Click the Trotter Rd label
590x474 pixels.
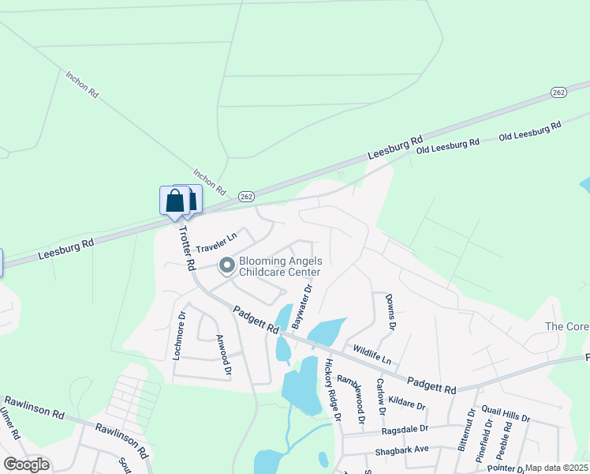tap(187, 248)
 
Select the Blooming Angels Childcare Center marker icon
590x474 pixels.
tap(226, 266)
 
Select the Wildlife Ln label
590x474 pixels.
tap(372, 353)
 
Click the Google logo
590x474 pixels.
tap(26, 465)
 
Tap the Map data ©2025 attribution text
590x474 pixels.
tap(556, 468)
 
